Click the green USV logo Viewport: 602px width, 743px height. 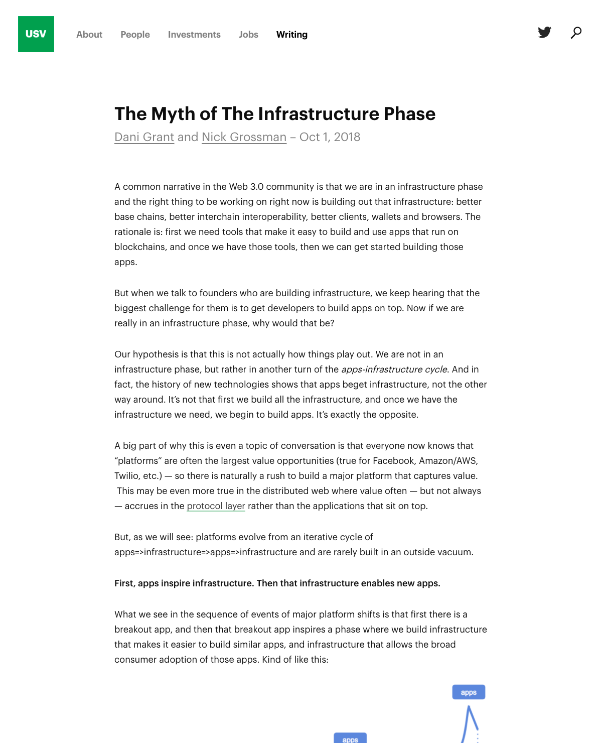tap(36, 34)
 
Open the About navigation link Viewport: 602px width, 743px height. tap(89, 35)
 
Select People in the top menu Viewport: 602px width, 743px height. tap(135, 35)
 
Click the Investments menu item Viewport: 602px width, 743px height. tap(194, 35)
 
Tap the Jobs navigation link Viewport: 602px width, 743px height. tap(248, 35)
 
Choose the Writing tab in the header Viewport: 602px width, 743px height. tap(292, 35)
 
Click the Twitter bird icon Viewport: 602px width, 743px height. tap(544, 33)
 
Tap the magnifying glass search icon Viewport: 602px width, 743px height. tap(576, 33)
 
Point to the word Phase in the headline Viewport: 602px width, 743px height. tap(409, 114)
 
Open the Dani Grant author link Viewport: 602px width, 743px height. tap(144, 137)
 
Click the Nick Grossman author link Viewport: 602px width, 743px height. tap(244, 137)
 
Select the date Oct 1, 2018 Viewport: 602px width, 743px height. tap(330, 137)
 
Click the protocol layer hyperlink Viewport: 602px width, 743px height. tap(216, 506)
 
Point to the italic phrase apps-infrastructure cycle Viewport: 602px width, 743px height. tap(394, 369)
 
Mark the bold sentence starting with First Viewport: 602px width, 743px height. tap(277, 583)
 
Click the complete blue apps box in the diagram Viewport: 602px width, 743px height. tap(469, 692)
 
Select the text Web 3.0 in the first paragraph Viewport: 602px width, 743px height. tap(246, 187)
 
